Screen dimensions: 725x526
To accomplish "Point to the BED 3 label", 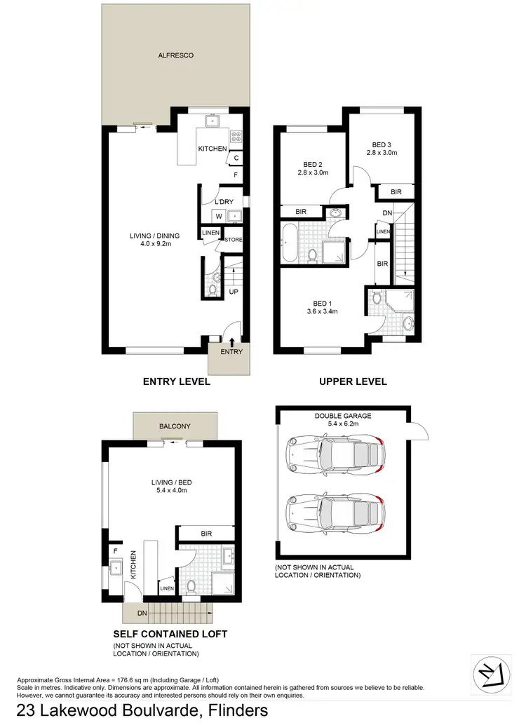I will coord(383,147).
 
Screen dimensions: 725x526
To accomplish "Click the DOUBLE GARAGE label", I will coord(343,419).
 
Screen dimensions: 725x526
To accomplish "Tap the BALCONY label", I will coord(173,426).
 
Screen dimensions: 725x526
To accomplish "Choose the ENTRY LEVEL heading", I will coord(176,382).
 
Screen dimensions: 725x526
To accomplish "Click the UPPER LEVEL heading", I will coord(353,382).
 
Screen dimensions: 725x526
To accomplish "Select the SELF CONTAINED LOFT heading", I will coord(170,634).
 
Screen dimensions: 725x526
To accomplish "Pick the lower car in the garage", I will coord(335,513).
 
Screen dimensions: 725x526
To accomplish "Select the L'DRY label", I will coord(224,202).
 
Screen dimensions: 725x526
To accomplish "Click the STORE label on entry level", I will coord(233,239).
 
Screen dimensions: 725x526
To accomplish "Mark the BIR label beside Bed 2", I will coord(301,211).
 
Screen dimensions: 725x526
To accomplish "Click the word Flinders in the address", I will coord(229,711).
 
